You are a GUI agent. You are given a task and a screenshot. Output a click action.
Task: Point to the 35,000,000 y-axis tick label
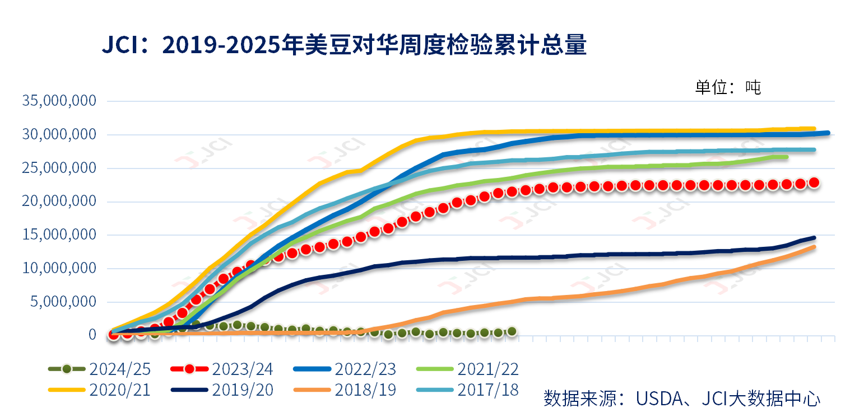(59, 101)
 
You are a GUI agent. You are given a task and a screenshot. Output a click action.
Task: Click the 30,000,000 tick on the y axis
(59, 135)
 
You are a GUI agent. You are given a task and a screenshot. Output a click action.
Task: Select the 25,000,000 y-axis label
(59, 168)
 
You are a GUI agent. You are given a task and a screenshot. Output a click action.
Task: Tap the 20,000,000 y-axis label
(59, 202)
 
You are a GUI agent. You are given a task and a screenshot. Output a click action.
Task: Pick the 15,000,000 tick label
(59, 235)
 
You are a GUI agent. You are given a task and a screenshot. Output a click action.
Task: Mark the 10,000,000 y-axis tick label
(59, 269)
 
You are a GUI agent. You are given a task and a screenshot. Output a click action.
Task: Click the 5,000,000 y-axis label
(64, 302)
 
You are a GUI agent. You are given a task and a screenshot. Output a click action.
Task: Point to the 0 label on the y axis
(92, 335)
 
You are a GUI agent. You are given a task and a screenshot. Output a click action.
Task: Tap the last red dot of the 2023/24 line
(814, 182)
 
